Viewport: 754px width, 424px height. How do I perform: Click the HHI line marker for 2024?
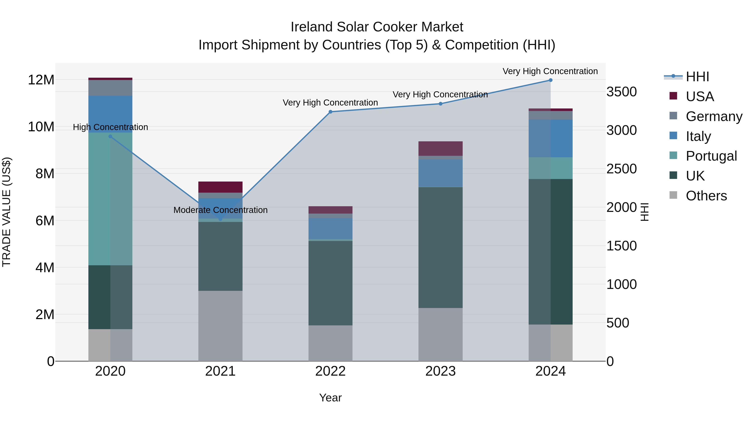[550, 80]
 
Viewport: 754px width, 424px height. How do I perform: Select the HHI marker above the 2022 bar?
[331, 112]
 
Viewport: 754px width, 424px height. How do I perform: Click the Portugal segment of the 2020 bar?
[110, 199]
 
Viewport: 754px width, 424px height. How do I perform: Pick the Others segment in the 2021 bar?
[220, 326]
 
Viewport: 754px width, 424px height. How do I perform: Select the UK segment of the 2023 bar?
[440, 247]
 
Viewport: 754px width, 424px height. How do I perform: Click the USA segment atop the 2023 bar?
[440, 149]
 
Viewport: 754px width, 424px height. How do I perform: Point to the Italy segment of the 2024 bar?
[550, 138]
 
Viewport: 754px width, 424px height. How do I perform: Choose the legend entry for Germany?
[714, 116]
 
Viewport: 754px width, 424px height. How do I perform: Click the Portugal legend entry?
[711, 156]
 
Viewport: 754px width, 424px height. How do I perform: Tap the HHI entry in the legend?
[697, 77]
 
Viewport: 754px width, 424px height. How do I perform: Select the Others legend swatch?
[673, 195]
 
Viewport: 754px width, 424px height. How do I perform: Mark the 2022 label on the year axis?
[331, 371]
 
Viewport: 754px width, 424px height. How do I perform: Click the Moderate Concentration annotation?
[220, 210]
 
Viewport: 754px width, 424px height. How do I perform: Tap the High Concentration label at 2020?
[110, 127]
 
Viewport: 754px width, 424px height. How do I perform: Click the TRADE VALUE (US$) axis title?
[6, 212]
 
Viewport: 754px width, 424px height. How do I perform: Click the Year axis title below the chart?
[331, 398]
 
